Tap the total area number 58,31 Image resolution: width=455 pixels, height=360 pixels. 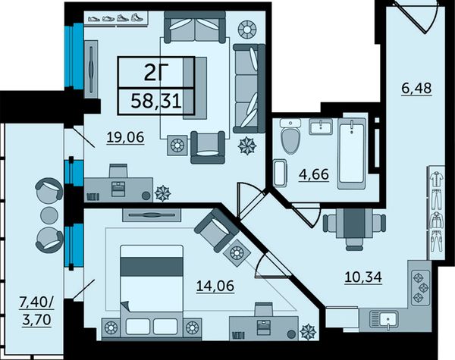pos(156,102)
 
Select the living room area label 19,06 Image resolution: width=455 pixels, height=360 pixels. pos(125,137)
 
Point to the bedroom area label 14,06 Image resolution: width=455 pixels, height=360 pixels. pos(215,286)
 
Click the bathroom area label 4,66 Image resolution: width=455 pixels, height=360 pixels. pos(314,174)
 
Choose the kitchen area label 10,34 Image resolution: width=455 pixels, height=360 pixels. pos(363,277)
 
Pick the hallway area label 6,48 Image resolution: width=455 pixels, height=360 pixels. pos(416,88)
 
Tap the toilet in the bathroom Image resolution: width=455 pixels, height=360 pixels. pos(290,136)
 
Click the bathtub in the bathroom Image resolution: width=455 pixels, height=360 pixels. pos(352,153)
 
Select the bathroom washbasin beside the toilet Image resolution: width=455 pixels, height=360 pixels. pos(321,127)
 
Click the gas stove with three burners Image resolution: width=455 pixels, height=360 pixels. pos(420,288)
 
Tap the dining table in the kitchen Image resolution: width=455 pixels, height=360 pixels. pos(355,223)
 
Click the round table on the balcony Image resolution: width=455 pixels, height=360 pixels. pos(49,215)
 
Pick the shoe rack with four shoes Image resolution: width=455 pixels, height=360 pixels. pos(116,18)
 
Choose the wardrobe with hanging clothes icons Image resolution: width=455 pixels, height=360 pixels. pos(435,213)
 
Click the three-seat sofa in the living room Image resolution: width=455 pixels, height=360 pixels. pos(249,89)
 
